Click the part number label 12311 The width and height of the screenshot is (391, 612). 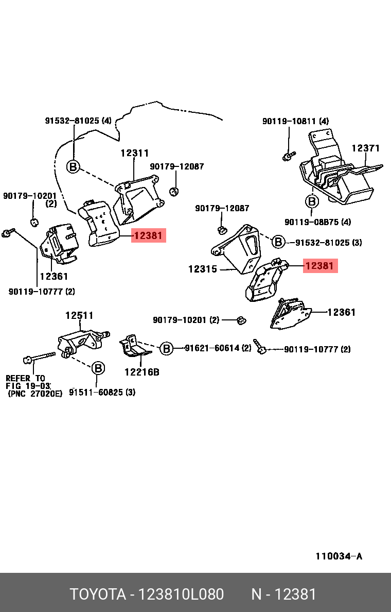pos(135,153)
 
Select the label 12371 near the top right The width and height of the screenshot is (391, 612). pos(365,148)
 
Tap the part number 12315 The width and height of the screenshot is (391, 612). pos(202,269)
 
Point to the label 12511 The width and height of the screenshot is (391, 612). pos(79,315)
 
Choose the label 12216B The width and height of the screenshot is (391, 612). pos(141,371)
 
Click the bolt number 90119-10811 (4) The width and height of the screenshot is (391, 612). pos(295,121)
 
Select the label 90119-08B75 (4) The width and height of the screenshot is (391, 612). pos(317,222)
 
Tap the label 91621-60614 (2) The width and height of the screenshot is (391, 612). pos(218,348)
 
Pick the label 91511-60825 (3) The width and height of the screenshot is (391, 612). pos(102,392)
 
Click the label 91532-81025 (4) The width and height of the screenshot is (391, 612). pos(78,121)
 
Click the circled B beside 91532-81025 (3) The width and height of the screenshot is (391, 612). pos(278,242)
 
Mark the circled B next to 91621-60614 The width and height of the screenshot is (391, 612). pos(166,349)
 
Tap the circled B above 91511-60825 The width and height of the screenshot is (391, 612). pos(98,368)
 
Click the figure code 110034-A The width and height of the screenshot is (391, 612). pos(339,556)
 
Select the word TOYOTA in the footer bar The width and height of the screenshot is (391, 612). pos(98,594)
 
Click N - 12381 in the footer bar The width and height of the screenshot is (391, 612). pos(283,594)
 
